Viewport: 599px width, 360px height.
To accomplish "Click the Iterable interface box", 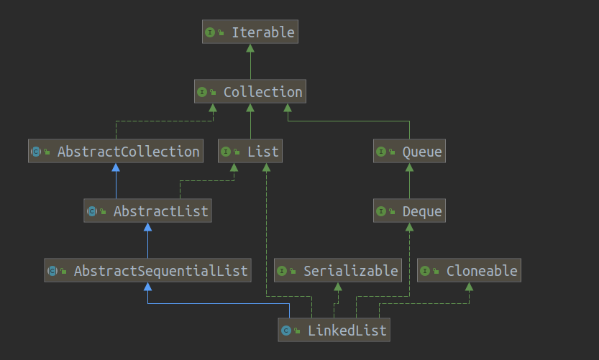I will click(250, 32).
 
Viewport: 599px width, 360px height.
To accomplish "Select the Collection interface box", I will click(250, 92).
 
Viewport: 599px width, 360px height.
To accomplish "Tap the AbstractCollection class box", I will click(116, 152).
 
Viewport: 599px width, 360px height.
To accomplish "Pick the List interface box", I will click(250, 152).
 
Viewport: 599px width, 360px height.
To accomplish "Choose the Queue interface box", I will click(409, 152).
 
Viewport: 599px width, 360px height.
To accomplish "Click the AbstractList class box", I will click(147, 211).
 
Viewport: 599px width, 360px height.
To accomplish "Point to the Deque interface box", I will click(409, 211).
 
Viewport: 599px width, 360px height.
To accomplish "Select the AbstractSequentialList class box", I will click(147, 271).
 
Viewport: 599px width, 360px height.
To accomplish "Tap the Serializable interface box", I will click(337, 271).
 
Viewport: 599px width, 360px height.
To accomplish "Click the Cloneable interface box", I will click(469, 271).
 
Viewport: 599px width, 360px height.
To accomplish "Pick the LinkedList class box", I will click(334, 331).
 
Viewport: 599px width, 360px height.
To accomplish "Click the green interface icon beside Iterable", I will click(211, 32).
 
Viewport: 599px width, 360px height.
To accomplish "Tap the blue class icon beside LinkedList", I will click(286, 331).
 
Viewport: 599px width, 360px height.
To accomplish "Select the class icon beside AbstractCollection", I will click(37, 152).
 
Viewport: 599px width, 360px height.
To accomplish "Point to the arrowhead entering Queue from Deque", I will click(409, 168).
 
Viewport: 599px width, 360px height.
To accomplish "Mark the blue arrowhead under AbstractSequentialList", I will click(147, 287).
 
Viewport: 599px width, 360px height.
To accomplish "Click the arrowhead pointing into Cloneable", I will click(469, 287).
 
